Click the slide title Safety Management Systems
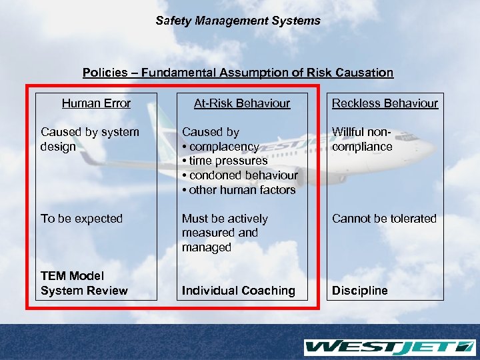(238, 21)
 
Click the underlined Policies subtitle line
(238, 72)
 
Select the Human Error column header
(96, 103)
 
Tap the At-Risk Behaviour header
(242, 103)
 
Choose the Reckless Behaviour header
(385, 103)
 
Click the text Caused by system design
(90, 139)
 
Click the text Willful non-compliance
(363, 139)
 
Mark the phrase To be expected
(81, 219)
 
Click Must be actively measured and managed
(225, 233)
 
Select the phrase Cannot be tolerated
(384, 219)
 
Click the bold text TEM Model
(72, 276)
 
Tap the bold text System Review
(84, 291)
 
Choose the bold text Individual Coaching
(239, 291)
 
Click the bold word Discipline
(359, 291)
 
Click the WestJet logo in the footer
(389, 347)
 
